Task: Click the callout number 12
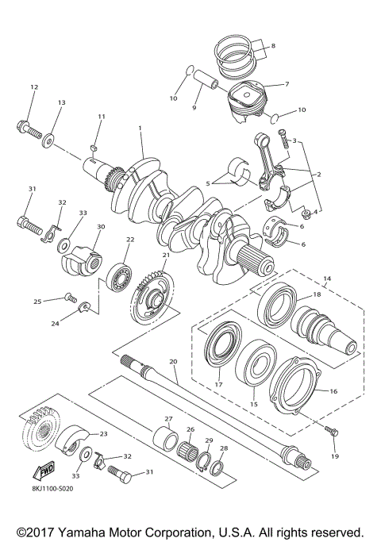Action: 33,86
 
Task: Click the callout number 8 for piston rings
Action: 273,46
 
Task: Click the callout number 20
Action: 173,361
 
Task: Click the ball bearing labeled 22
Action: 121,273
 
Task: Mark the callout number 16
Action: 334,391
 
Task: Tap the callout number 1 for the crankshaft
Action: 140,128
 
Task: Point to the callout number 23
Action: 102,434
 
